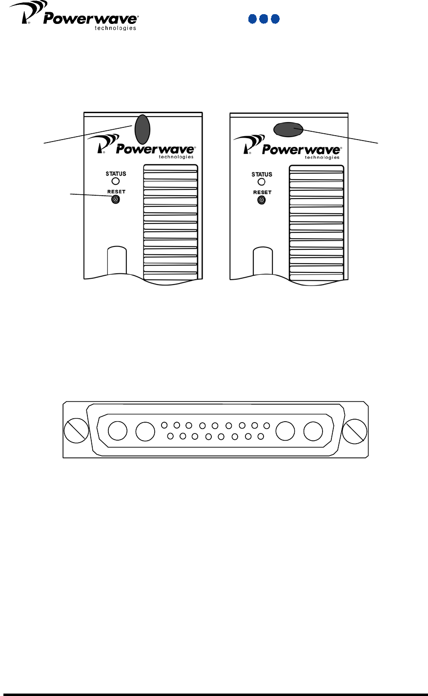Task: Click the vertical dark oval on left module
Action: [x=142, y=129]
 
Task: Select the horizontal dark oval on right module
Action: [x=288, y=128]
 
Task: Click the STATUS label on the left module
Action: [x=116, y=173]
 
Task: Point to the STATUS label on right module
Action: [x=262, y=174]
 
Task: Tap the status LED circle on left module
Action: [x=116, y=181]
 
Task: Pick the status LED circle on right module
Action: [x=262, y=182]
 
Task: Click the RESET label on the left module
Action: [x=116, y=192]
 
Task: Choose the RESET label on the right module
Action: [x=262, y=192]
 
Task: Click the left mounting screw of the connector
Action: [x=76, y=430]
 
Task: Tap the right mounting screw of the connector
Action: [x=354, y=431]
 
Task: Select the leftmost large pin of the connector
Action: [x=118, y=431]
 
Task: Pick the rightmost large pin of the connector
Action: [x=313, y=431]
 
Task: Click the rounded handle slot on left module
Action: [x=117, y=261]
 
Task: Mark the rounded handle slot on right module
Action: [x=263, y=262]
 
